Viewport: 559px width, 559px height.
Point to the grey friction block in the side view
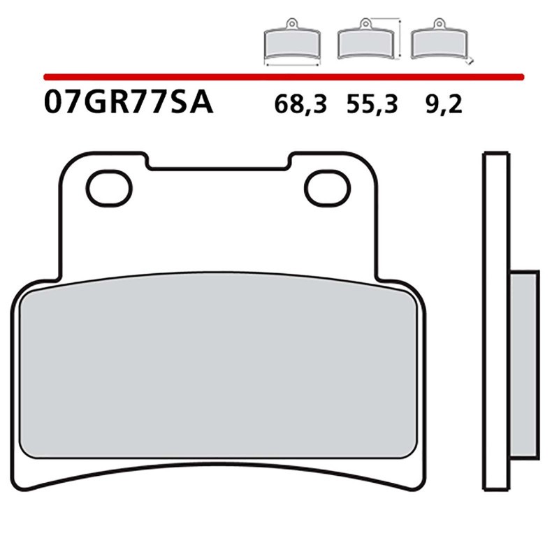point(523,363)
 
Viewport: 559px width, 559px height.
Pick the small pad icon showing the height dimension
point(364,43)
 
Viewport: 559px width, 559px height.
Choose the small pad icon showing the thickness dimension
point(438,43)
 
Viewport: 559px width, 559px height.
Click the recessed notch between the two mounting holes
point(219,163)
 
